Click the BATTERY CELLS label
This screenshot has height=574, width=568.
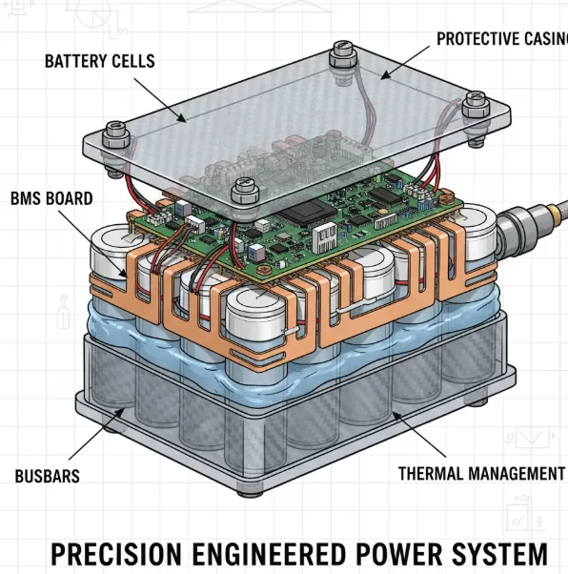[99, 61]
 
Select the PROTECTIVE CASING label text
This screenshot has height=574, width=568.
[501, 39]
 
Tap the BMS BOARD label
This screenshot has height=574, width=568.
[51, 198]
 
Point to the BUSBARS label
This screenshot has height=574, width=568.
[47, 475]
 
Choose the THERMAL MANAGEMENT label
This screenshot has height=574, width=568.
[480, 473]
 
